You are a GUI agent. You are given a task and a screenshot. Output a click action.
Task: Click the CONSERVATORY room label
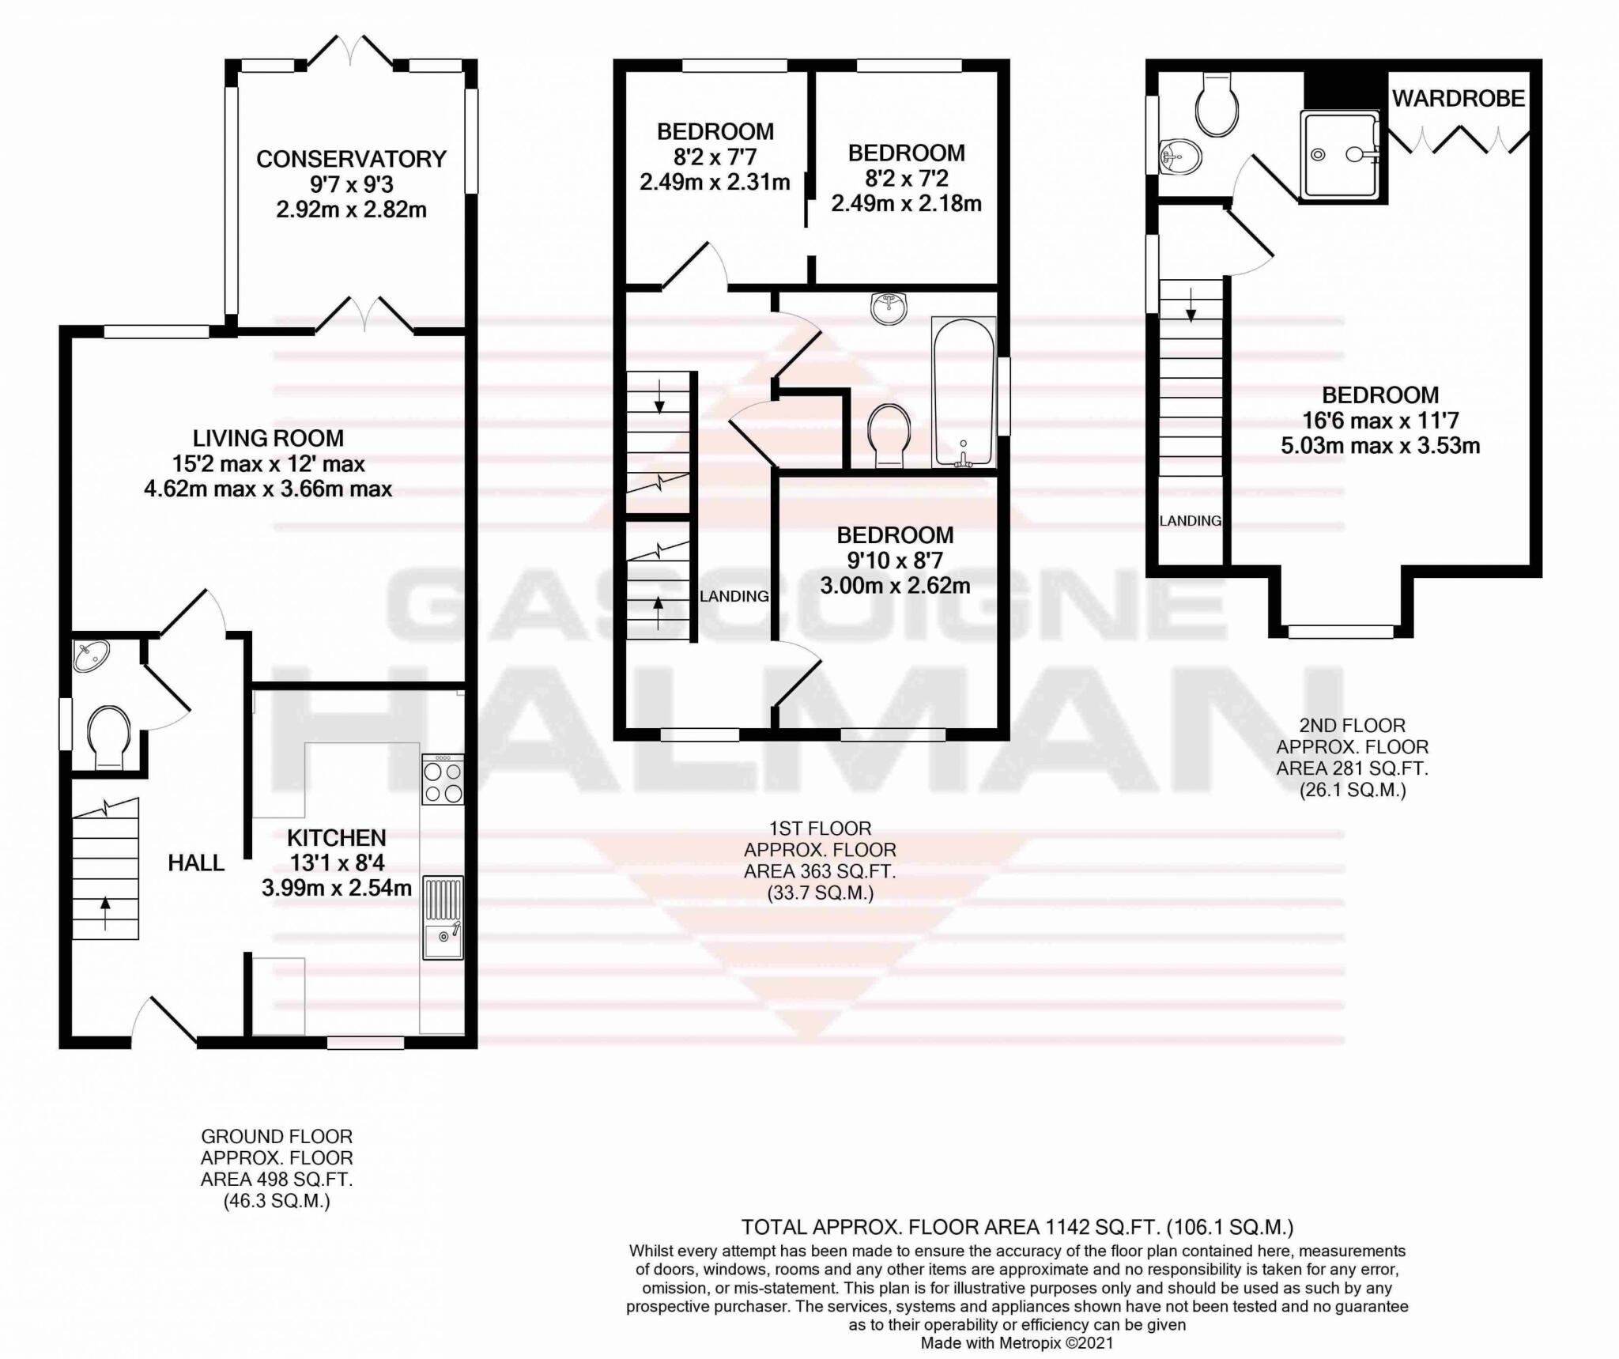(351, 159)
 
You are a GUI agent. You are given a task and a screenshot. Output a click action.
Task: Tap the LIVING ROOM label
(268, 438)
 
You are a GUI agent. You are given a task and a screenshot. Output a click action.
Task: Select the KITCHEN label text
(336, 838)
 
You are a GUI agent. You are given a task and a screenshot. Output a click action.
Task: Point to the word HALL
(196, 863)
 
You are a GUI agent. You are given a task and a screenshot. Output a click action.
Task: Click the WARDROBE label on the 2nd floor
(1458, 99)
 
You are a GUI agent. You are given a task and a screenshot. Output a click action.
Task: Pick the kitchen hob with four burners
(443, 780)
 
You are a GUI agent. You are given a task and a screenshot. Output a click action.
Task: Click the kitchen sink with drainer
(443, 917)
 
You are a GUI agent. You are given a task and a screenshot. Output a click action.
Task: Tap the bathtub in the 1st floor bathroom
(963, 392)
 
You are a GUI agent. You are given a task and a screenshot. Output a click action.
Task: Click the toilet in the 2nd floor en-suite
(1216, 106)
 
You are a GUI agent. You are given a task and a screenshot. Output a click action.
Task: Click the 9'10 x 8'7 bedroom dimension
(895, 561)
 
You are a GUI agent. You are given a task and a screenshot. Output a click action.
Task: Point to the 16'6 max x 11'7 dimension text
(1380, 420)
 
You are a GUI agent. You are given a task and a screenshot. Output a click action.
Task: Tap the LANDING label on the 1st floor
(734, 596)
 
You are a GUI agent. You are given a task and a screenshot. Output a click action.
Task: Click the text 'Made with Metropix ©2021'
(1017, 1342)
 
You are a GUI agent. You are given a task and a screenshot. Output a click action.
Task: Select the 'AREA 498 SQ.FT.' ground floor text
(276, 1179)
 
